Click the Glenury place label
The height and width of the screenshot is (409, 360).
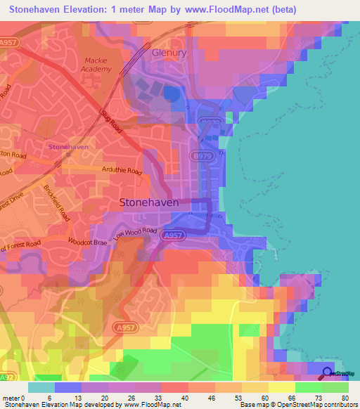pos(168,53)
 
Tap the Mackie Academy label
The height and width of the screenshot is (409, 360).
pos(98,65)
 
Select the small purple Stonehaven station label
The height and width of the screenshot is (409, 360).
pos(67,147)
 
